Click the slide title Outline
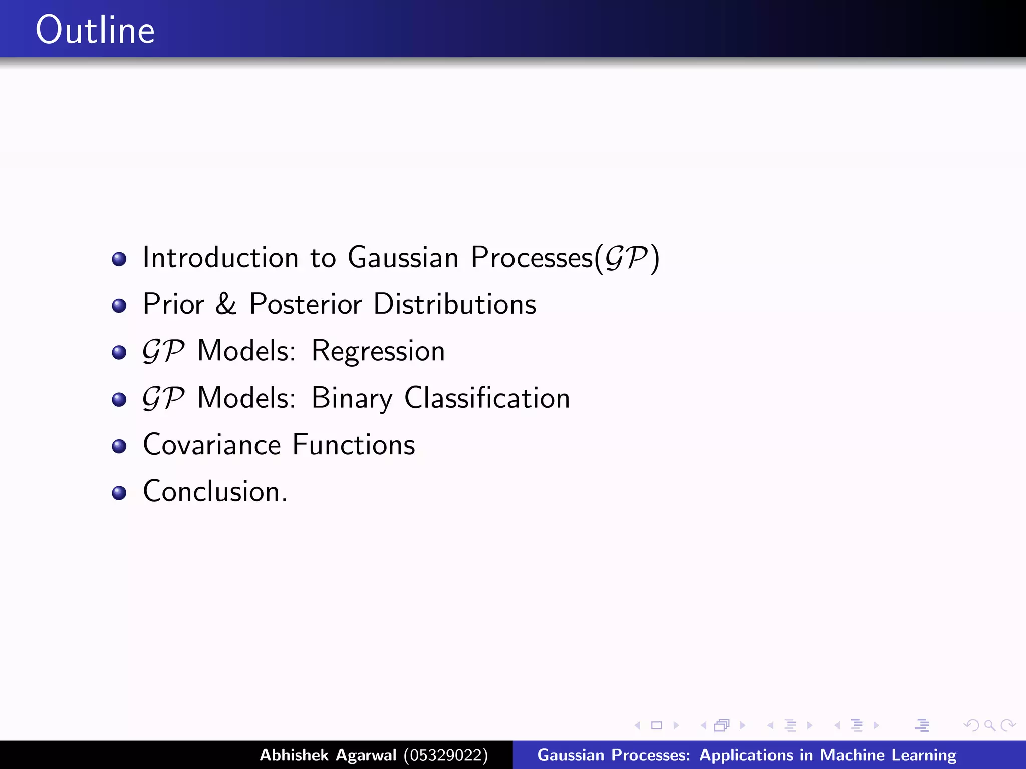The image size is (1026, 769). [95, 30]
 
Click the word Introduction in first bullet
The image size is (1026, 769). [220, 258]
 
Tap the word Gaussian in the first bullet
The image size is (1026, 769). [403, 258]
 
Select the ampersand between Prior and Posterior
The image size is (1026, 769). [226, 304]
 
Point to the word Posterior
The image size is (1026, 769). [305, 304]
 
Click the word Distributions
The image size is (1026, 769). [454, 304]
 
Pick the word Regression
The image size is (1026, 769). [378, 351]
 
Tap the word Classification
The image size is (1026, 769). [487, 398]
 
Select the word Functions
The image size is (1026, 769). [354, 445]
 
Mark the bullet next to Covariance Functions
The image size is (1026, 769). [119, 446]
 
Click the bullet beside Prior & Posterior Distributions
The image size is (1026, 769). [119, 305]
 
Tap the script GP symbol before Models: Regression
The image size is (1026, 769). [163, 351]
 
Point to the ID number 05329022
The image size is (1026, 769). [445, 755]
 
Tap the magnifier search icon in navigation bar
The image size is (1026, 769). [989, 725]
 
